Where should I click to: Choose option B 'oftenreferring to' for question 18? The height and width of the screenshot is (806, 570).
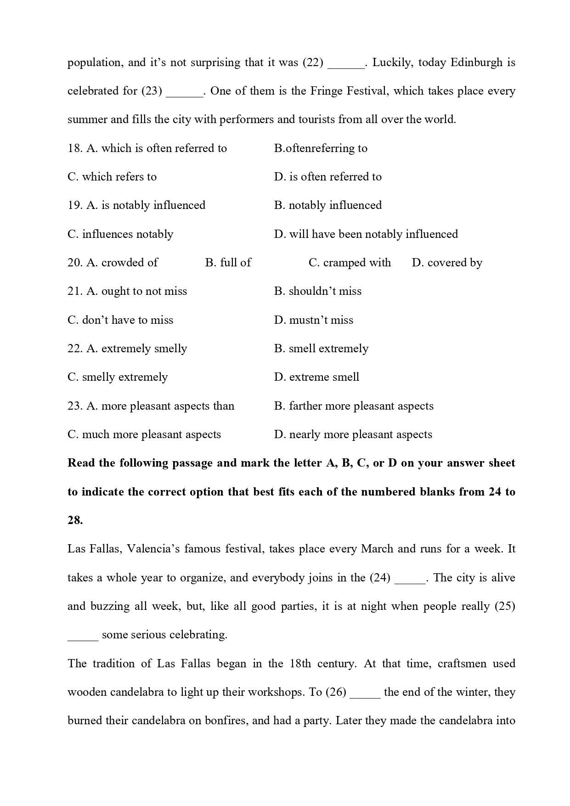(321, 148)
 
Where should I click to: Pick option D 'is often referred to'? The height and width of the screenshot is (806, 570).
(327, 177)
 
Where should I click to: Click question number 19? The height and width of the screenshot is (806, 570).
(75, 205)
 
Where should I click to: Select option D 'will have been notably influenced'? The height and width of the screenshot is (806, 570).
(366, 234)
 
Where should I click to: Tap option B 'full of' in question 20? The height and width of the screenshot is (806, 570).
(228, 263)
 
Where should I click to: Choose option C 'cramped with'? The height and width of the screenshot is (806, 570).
(350, 263)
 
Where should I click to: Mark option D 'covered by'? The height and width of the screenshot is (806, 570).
(447, 263)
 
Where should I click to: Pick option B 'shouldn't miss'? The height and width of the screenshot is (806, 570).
(318, 291)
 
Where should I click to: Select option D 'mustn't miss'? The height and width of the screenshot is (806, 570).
(314, 320)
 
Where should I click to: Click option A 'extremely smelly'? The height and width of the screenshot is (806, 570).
(136, 349)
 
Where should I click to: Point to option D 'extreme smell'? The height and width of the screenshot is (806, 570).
(316, 377)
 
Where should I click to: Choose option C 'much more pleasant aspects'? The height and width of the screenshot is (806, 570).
(144, 434)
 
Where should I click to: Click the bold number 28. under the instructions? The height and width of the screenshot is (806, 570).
(75, 520)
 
